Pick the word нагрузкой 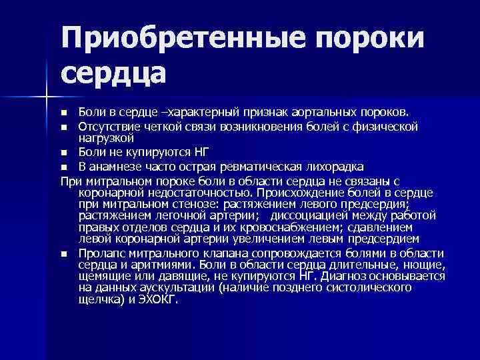point(106,138)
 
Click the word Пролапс point(101,253)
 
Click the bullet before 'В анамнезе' point(64,167)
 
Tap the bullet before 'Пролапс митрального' point(64,254)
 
